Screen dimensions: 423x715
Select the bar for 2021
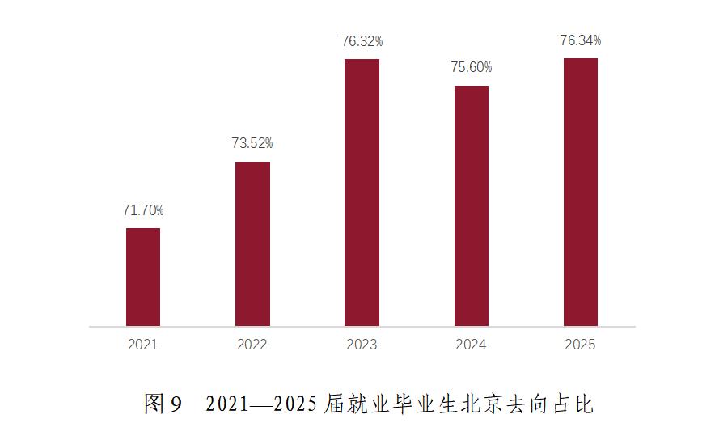click(x=143, y=277)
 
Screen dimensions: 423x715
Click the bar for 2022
click(x=252, y=243)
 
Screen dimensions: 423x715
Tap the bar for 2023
click(x=362, y=192)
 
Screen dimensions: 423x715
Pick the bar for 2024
click(x=472, y=205)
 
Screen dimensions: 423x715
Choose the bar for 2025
click(x=581, y=192)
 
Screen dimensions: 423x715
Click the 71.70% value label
click(x=143, y=210)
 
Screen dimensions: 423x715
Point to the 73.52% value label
click(x=252, y=143)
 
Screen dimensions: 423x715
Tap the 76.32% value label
click(x=362, y=40)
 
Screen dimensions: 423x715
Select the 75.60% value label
click(x=472, y=67)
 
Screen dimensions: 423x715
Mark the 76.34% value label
click(x=581, y=40)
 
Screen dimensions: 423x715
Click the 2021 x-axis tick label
click(x=143, y=345)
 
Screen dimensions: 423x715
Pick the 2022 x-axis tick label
click(x=252, y=345)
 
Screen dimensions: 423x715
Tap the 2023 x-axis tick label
click(x=362, y=345)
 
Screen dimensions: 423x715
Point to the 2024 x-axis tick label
click(x=472, y=345)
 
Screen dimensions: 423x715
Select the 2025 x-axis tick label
click(x=581, y=345)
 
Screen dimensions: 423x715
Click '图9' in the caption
click(x=163, y=403)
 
